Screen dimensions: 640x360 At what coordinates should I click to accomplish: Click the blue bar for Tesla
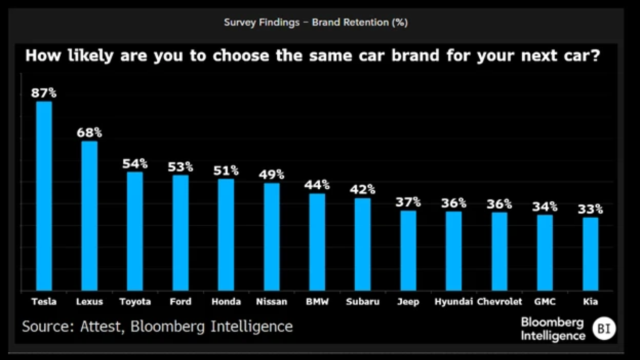[x=44, y=196]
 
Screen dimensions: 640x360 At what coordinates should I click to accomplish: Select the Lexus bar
[x=89, y=215]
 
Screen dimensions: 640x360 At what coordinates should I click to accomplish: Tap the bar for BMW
[x=317, y=242]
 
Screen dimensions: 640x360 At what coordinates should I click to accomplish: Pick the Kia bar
[x=590, y=254]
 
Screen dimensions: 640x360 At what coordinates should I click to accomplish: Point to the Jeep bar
[x=408, y=250]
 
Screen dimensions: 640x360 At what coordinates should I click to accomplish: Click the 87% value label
[x=44, y=93]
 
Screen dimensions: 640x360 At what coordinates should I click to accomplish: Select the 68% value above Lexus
[x=89, y=132]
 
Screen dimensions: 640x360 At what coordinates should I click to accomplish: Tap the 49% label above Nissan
[x=271, y=174]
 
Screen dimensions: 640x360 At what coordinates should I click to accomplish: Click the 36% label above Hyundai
[x=453, y=203]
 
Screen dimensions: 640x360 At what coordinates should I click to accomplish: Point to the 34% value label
[x=545, y=206]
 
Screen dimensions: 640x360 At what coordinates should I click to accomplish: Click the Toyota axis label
[x=135, y=301]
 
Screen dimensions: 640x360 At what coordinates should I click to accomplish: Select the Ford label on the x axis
[x=180, y=301]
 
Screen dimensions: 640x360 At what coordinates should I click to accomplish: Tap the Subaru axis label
[x=363, y=301]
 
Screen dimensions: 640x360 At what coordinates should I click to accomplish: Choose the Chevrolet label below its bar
[x=499, y=301]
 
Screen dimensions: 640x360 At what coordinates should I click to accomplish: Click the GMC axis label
[x=545, y=301]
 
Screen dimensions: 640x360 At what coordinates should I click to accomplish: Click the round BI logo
[x=604, y=328]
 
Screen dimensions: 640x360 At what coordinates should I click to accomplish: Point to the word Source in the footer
[x=48, y=326]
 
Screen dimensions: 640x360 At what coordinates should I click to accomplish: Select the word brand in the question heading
[x=415, y=55]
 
